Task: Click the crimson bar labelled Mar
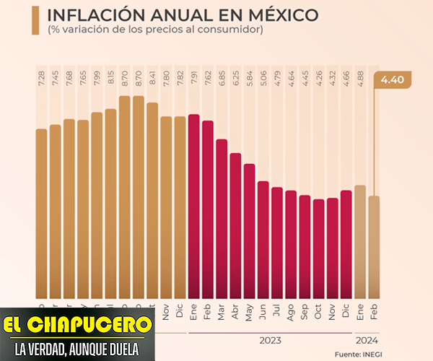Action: (x=222, y=217)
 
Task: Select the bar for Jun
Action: (x=263, y=238)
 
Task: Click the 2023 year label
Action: (x=270, y=339)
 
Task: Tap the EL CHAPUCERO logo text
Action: (x=78, y=323)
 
